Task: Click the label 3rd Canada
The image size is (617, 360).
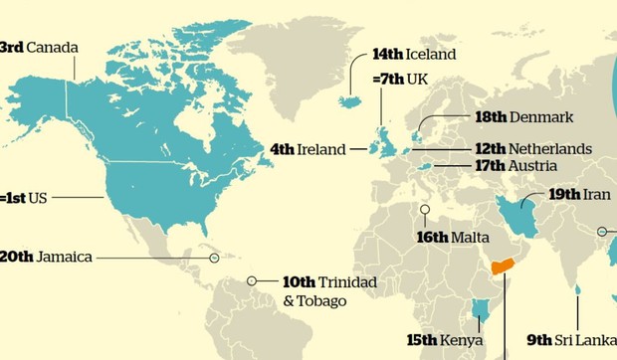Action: tap(38, 47)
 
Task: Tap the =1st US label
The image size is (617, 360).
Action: tap(24, 198)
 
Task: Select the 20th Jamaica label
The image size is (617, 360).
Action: tap(46, 257)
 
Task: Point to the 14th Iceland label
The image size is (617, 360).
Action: tap(413, 54)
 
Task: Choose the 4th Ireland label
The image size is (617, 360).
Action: tap(308, 149)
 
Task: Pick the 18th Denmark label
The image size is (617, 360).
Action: tap(523, 117)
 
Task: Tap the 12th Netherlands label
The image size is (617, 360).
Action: tap(532, 148)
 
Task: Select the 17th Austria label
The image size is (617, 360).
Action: tap(515, 166)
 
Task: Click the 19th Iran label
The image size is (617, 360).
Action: tap(578, 194)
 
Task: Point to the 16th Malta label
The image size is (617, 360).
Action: tap(453, 238)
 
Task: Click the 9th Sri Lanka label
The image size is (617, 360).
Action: tap(568, 338)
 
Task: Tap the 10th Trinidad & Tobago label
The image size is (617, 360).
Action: tap(329, 290)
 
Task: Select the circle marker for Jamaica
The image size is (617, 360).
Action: tap(214, 258)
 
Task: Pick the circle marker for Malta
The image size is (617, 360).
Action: tap(425, 210)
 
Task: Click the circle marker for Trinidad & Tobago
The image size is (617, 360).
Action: tap(252, 281)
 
